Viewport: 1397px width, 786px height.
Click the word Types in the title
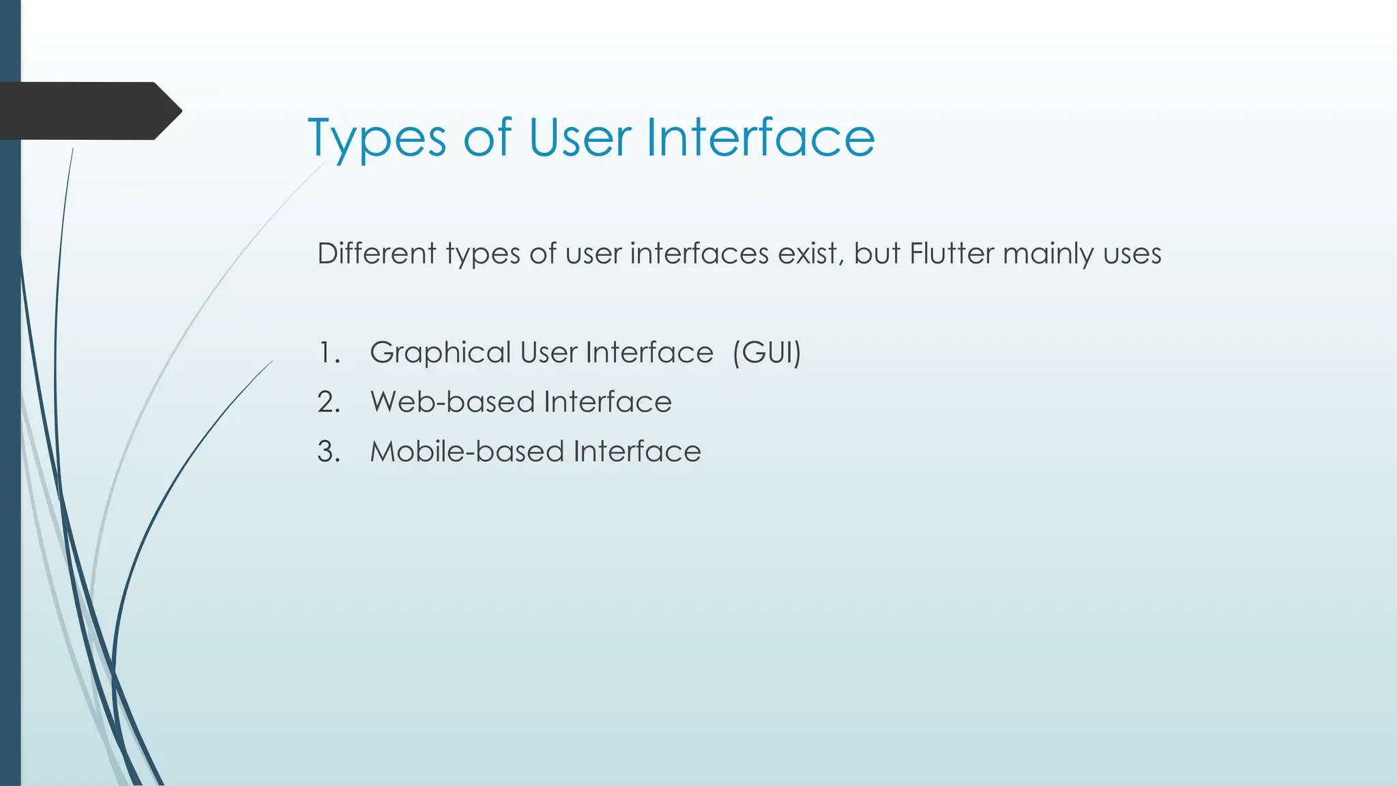click(x=377, y=139)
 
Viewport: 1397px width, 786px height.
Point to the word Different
click(x=377, y=254)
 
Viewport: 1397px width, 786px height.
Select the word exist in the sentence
click(x=808, y=254)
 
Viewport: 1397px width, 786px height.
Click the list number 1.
click(x=328, y=353)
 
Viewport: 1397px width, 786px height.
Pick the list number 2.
click(x=328, y=403)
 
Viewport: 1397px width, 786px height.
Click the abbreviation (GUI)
click(x=766, y=353)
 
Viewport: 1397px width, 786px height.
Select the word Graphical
click(x=440, y=353)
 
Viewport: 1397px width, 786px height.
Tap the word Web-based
click(x=453, y=402)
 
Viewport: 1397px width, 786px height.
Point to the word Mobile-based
click(x=467, y=452)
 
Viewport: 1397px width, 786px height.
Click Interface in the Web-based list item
click(x=608, y=402)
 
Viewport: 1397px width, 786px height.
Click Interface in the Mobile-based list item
click(x=637, y=452)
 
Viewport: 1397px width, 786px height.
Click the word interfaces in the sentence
click(x=700, y=254)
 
